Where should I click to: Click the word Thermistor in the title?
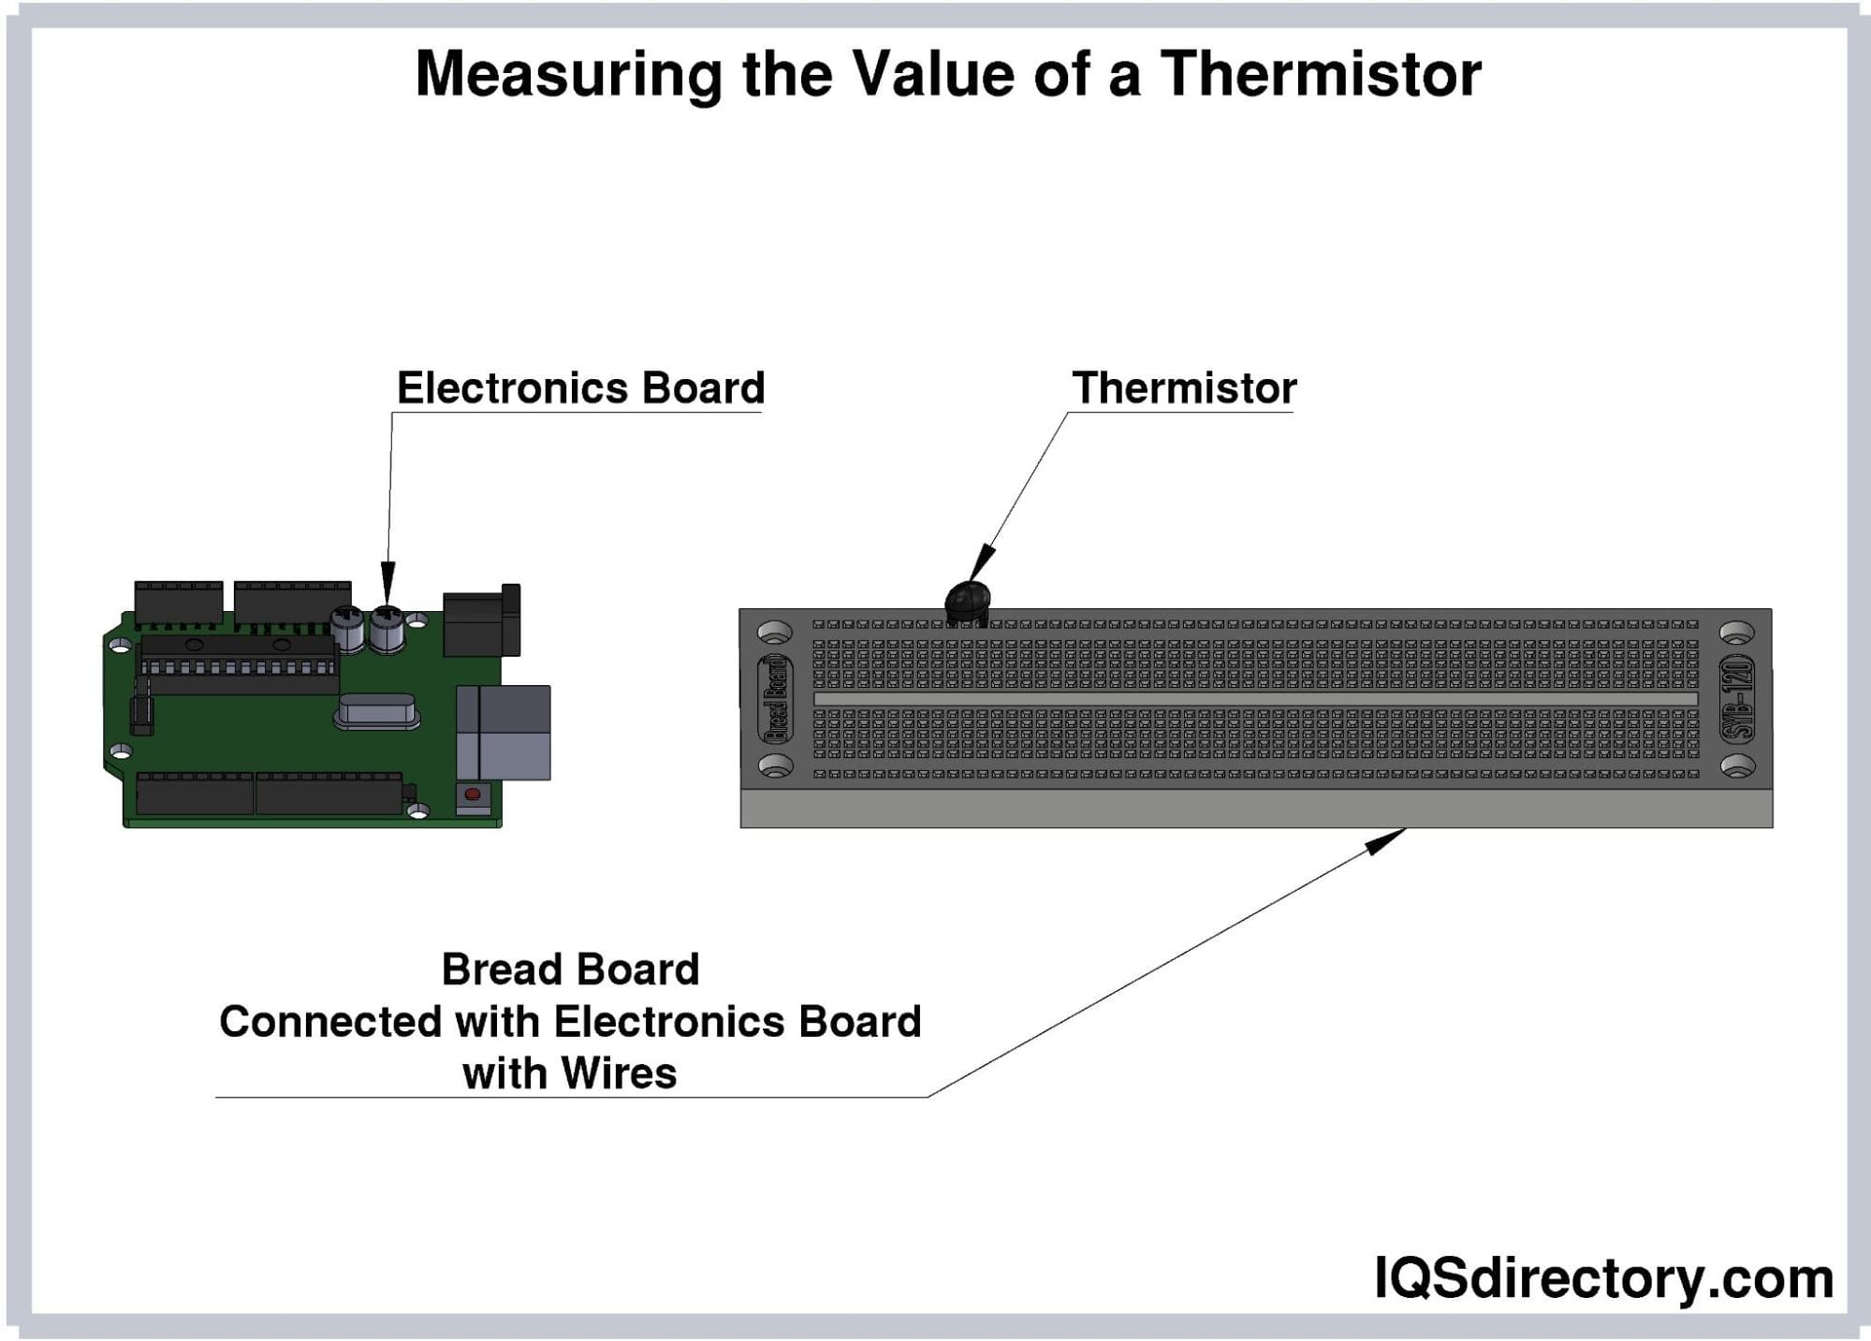tap(1321, 74)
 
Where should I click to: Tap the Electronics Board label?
tap(580, 388)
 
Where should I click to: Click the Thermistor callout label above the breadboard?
tap(1184, 388)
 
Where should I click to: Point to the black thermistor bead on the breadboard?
tap(968, 601)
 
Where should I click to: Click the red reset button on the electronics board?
tap(473, 794)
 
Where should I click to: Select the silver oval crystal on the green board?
tap(376, 713)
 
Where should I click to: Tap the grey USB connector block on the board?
tap(503, 733)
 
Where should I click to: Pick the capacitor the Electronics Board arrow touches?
tap(387, 628)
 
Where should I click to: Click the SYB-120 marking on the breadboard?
tap(1737, 699)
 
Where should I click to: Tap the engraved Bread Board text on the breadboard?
tap(775, 699)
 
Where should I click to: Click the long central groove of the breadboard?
tap(1255, 699)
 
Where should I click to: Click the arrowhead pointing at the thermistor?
tap(982, 563)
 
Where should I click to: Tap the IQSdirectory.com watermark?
tap(1603, 1278)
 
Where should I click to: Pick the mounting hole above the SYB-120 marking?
tap(1737, 634)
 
